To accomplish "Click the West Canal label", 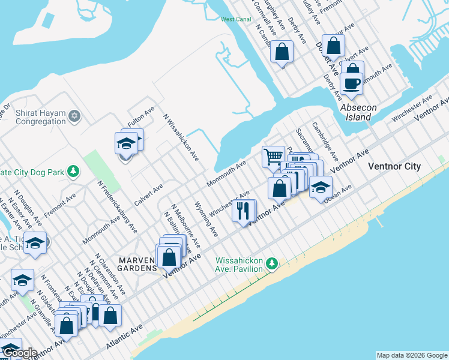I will (236, 19).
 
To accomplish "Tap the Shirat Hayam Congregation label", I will (33, 117).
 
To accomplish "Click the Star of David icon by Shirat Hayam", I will (74, 115).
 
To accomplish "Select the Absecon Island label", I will (358, 112).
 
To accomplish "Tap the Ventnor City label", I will (394, 166).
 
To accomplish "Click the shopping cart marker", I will (273, 157).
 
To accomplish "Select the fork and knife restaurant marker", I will (244, 211).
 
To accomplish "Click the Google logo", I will (20, 353).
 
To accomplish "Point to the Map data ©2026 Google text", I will (411, 355).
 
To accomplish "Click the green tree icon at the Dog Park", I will (73, 172).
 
